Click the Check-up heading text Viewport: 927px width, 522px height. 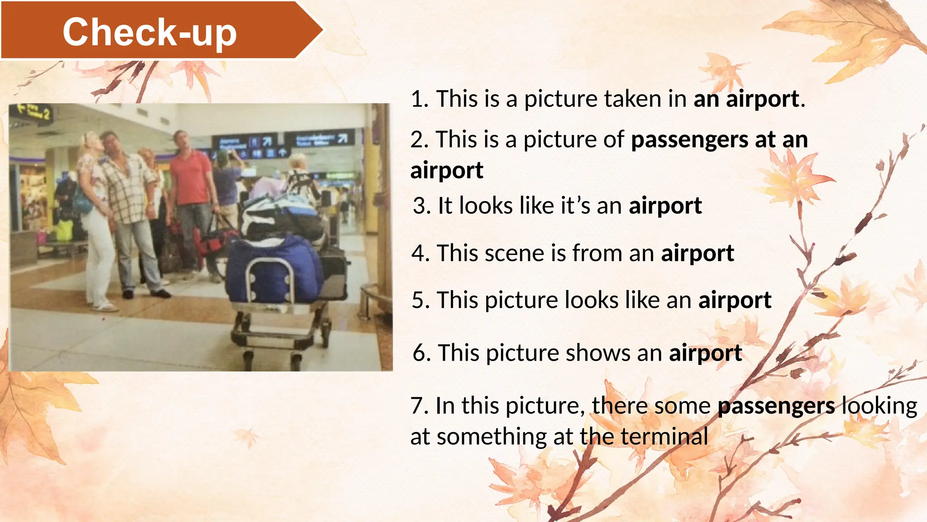(149, 32)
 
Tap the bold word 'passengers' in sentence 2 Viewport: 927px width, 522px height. (689, 139)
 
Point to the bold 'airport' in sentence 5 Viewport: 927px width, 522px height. (735, 300)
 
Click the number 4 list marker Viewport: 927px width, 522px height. (419, 253)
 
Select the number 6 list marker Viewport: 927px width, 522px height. (421, 353)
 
